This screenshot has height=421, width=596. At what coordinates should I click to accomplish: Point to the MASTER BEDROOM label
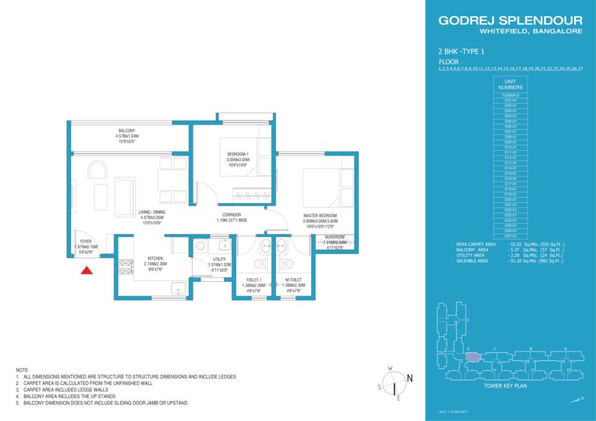coord(320,216)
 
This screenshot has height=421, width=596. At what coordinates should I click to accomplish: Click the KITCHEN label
coord(155,259)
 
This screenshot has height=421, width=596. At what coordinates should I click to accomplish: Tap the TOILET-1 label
coord(254,280)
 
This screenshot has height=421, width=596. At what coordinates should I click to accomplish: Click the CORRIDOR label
coord(232,215)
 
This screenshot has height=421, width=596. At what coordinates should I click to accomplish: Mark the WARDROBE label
coord(334,236)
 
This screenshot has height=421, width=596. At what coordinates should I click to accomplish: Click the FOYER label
coord(82,241)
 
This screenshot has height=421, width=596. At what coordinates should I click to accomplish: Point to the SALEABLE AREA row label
coord(474,261)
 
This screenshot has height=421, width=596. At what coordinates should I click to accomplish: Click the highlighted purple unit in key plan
coord(473,357)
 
